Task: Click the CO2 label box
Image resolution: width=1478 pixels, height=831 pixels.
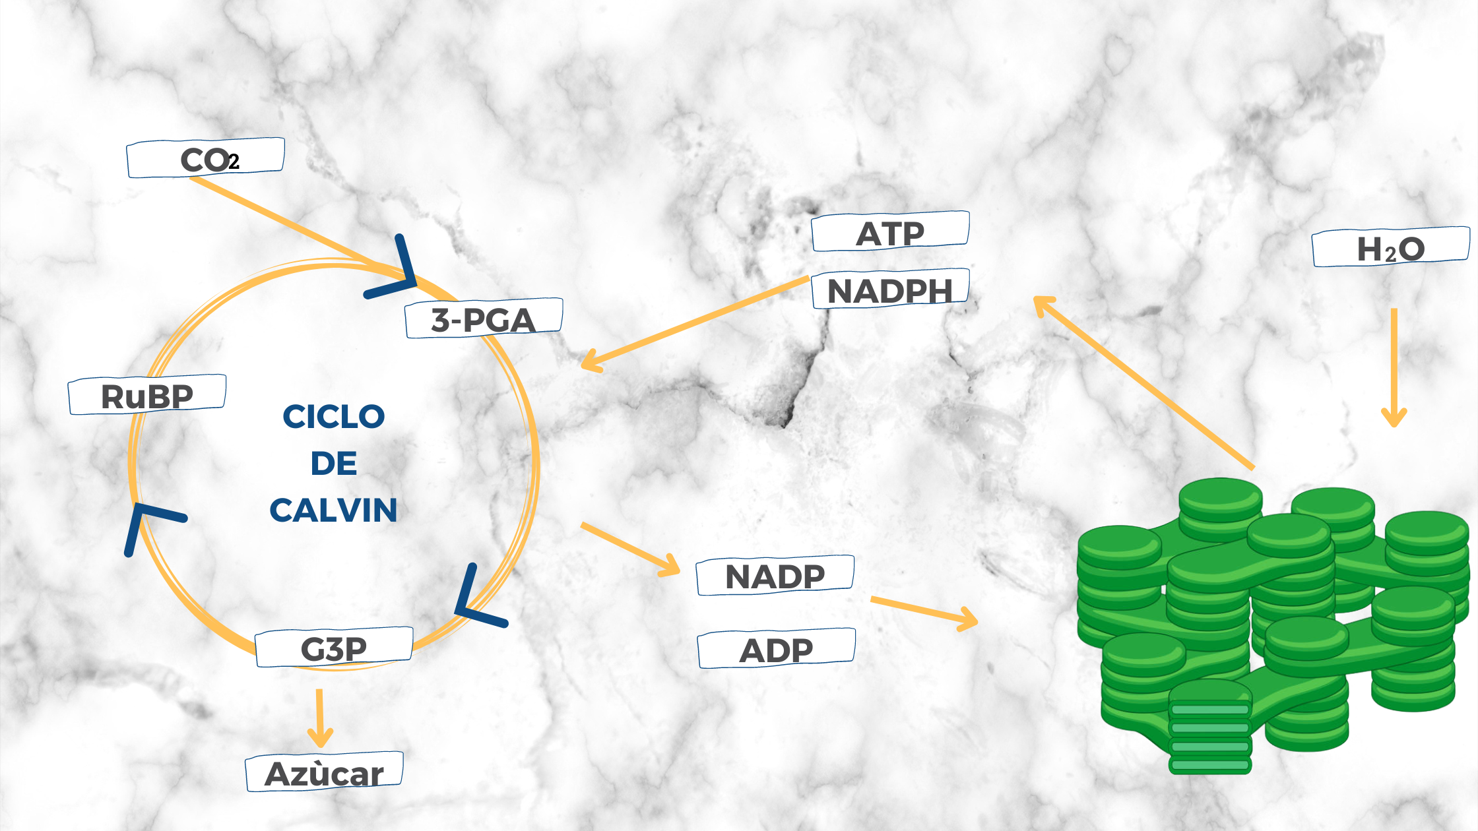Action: click(205, 158)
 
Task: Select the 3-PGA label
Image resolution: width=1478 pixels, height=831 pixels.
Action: click(484, 319)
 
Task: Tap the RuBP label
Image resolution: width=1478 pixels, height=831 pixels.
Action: click(147, 395)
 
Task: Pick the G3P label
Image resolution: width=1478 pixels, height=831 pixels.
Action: click(334, 648)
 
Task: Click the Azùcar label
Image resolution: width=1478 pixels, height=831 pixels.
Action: click(324, 772)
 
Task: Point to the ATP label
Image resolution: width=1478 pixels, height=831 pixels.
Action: click(890, 232)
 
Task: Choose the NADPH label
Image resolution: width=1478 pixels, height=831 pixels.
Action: click(890, 290)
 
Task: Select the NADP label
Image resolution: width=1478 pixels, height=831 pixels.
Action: click(775, 576)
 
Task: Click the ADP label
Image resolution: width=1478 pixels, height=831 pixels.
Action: click(776, 650)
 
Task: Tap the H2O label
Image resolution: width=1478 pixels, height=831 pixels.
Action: click(1391, 248)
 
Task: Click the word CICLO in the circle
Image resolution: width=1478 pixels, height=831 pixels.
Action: click(334, 417)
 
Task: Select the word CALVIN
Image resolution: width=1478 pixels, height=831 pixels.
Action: click(334, 510)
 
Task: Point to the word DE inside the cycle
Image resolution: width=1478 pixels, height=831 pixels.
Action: click(334, 464)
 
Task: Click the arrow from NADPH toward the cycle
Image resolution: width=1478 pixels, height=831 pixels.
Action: click(693, 323)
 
